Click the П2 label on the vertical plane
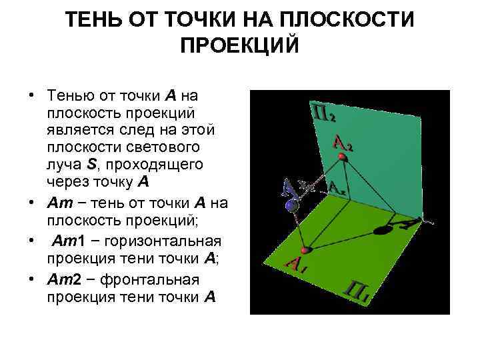323,114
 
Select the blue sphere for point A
291,207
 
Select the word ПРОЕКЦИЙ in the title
240,47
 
